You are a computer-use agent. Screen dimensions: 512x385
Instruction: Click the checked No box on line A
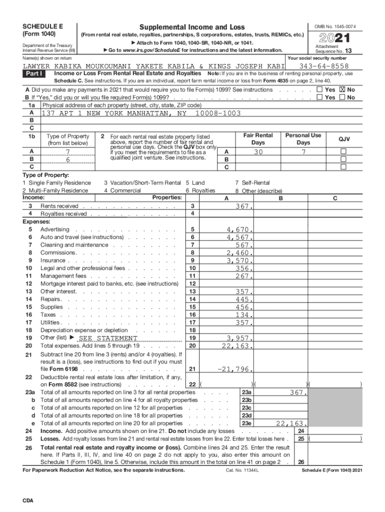[343, 90]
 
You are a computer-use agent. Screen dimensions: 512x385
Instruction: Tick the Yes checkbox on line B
[319, 97]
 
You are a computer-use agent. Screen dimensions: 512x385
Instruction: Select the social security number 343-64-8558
[324, 66]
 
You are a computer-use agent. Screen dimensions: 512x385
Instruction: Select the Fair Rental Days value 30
[258, 152]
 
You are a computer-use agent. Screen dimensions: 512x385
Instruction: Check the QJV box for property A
[343, 151]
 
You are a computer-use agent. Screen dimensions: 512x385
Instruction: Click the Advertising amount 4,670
[239, 230]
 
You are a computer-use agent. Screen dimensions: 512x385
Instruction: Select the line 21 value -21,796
[234, 369]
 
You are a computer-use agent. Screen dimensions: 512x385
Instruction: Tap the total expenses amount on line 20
[237, 346]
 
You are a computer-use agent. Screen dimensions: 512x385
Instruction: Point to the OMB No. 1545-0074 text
[338, 26]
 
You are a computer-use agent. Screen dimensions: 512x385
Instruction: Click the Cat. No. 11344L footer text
[242, 470]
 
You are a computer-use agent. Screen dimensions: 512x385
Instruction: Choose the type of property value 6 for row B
[67, 159]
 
